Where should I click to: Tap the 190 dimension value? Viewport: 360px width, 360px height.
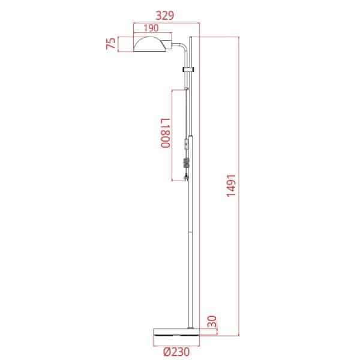(151, 28)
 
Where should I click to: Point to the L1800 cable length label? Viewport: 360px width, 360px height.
(164, 134)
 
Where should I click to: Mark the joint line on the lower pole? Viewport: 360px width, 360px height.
(191, 230)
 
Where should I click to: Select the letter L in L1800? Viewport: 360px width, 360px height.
(164, 120)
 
